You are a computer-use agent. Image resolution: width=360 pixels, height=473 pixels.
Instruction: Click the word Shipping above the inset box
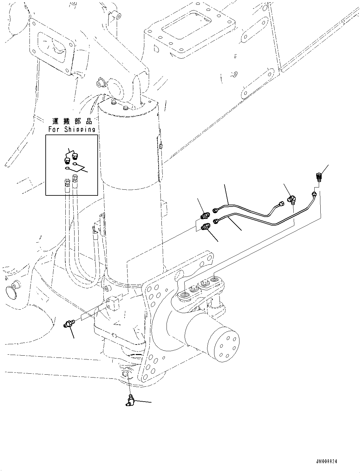coord(80,129)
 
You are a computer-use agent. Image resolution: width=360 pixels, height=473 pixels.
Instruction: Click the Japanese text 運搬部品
coord(72,121)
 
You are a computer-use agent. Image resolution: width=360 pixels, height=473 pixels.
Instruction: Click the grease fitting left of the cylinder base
coord(68,324)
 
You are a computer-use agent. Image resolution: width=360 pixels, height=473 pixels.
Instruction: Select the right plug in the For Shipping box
coord(75,156)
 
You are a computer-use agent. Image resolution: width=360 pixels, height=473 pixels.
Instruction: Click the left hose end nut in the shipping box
coord(67,182)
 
